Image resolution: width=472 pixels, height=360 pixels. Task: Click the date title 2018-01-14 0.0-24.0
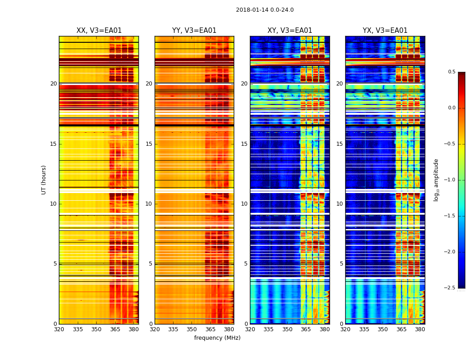point(264,10)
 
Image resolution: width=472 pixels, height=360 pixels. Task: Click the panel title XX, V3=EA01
point(99,31)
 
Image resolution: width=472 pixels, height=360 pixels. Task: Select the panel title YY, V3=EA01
point(194,31)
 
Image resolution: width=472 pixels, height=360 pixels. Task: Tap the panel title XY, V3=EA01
point(289,31)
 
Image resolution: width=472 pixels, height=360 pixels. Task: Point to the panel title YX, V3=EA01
point(385,31)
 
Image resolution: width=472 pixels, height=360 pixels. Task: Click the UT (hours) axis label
point(44,180)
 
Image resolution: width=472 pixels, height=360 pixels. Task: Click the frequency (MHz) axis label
point(217,338)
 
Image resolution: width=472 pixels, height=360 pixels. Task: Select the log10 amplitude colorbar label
point(436,180)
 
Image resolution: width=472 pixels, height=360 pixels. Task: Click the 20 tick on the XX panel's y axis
point(53,84)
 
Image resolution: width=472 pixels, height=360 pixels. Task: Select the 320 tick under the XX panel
point(59,329)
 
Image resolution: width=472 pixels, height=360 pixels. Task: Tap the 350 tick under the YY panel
point(192,329)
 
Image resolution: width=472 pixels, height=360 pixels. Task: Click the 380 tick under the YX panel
point(420,329)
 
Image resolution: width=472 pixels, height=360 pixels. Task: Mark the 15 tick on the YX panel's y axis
point(340,144)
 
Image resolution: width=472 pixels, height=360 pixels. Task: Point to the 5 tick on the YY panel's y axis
point(151,264)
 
